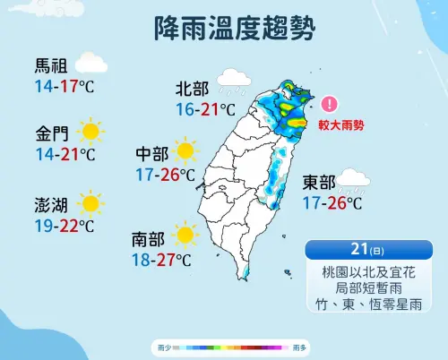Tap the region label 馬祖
(x=51, y=65)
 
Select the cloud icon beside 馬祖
(x=90, y=64)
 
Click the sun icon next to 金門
(x=90, y=133)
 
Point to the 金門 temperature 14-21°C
(x=65, y=155)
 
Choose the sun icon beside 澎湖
(x=90, y=201)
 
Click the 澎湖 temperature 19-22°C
(x=65, y=225)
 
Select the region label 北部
(x=192, y=89)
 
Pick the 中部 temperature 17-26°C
(x=166, y=174)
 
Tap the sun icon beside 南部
(x=185, y=236)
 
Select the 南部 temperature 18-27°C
(x=161, y=260)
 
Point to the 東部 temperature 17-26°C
(x=332, y=203)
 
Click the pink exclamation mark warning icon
(x=330, y=105)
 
